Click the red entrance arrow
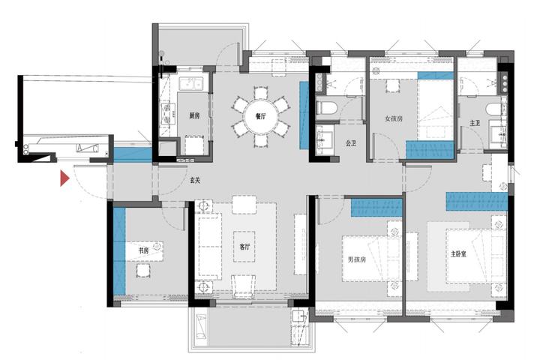64,178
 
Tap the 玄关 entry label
195,180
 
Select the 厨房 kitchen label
194,115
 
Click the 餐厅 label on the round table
261,116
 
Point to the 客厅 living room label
244,247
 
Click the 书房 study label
143,250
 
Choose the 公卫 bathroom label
350,143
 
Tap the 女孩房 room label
394,118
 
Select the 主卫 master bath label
475,123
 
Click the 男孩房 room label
357,259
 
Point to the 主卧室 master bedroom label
459,254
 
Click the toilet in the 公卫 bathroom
325,108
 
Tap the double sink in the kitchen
190,84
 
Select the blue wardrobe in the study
119,251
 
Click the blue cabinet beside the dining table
304,115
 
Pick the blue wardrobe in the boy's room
376,208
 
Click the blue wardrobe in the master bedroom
477,202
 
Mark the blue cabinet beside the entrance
133,154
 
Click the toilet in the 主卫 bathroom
493,109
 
